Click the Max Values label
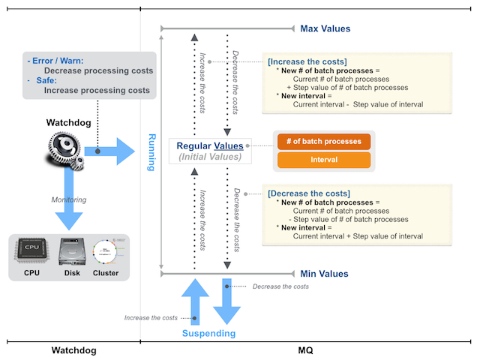(x=325, y=28)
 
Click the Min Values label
(x=324, y=274)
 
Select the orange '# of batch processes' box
(x=324, y=141)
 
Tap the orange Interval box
(x=324, y=160)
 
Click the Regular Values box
(x=210, y=151)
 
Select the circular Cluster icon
(x=106, y=252)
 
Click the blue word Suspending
(x=210, y=333)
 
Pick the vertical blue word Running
(x=151, y=151)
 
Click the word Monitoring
(x=69, y=199)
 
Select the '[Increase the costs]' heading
(x=307, y=61)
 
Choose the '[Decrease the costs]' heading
(x=308, y=193)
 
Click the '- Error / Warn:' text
(x=55, y=61)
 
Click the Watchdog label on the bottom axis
(x=73, y=350)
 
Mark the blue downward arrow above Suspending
(x=226, y=304)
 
